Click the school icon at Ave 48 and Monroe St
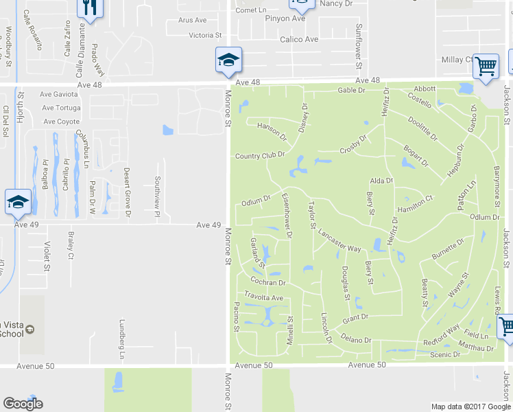(228, 60)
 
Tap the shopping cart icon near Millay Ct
(486, 67)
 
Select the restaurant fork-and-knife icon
(90, 7)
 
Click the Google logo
(23, 404)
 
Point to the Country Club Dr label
(259, 156)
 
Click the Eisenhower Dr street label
(287, 216)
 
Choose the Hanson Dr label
(270, 127)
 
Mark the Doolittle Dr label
(422, 128)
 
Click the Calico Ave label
(299, 39)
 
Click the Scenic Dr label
(446, 354)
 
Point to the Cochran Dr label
(267, 282)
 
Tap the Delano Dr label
(356, 339)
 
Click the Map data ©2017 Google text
(470, 407)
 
